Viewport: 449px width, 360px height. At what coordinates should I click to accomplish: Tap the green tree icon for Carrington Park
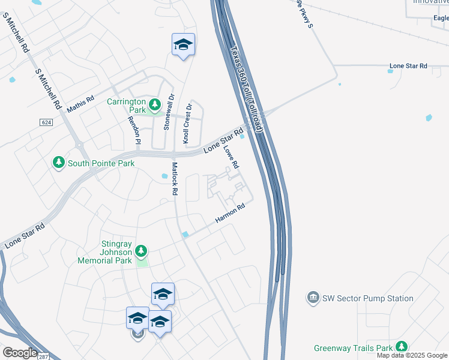tap(155, 106)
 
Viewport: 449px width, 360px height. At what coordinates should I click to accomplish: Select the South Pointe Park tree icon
tap(59, 163)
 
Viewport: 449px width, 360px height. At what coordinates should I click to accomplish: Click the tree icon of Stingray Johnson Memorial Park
tap(141, 250)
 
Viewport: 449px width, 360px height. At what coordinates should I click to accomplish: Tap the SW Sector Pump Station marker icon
tap(312, 298)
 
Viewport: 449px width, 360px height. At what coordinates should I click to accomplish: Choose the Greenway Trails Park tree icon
tap(401, 347)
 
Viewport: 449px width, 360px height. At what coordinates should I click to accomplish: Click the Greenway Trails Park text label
tap(353, 348)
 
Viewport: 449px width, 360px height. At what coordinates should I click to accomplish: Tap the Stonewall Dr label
tap(169, 112)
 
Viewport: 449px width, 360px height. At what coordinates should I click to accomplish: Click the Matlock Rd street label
tap(175, 179)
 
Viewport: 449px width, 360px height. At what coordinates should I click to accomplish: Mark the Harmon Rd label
tap(231, 214)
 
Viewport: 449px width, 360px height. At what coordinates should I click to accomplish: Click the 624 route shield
tap(46, 122)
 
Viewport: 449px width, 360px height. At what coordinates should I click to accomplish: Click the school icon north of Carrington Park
tap(183, 45)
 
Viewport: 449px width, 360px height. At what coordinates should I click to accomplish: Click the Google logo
tap(20, 353)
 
